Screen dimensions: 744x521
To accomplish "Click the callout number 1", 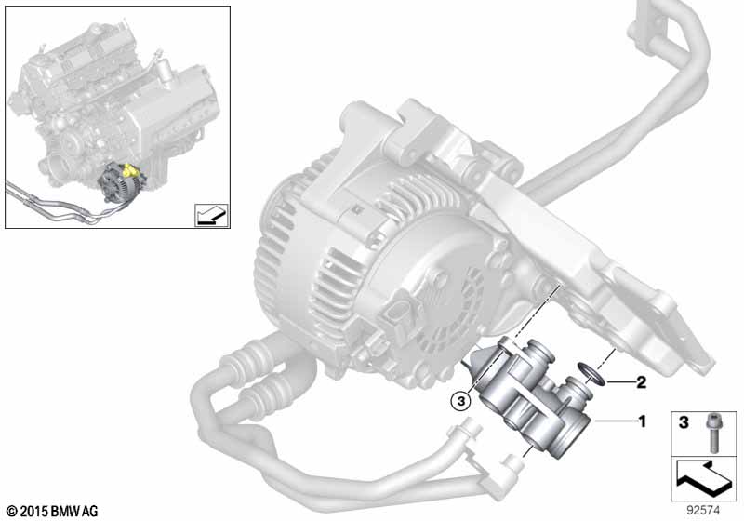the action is pos(643,421).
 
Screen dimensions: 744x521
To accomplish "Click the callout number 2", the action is pos(641,382).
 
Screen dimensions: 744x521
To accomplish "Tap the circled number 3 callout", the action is pos(460,402).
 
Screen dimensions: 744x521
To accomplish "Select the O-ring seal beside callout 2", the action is pos(591,373).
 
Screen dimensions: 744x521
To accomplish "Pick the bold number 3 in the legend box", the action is pos(684,422).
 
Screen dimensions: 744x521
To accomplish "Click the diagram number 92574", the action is pos(704,511).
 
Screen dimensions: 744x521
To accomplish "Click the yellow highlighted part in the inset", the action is pos(128,170).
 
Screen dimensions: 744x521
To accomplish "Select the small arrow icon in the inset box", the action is pos(212,215).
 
